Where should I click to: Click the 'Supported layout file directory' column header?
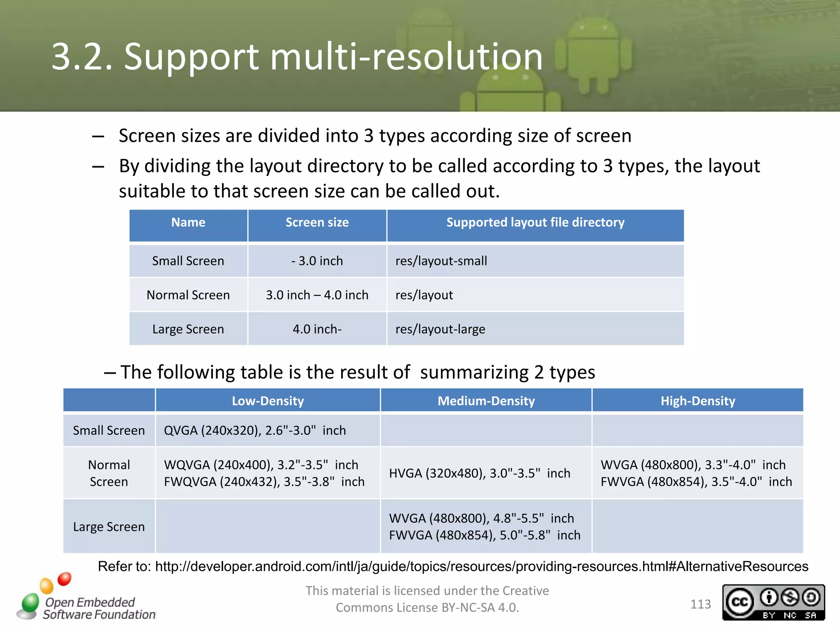(535, 223)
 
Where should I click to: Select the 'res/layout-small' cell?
(441, 261)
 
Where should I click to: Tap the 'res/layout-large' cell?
(440, 329)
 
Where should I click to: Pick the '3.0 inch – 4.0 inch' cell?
(317, 295)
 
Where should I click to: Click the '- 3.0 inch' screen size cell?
(317, 261)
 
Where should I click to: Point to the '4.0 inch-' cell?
(317, 329)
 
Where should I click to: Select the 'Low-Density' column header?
(268, 401)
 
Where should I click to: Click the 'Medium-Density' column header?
(486, 401)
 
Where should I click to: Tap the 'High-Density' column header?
(698, 401)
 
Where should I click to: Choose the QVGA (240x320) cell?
(255, 430)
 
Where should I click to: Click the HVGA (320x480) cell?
(479, 473)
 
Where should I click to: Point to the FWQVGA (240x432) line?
(264, 482)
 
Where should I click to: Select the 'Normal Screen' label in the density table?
(109, 473)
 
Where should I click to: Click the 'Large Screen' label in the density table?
(109, 527)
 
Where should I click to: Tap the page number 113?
(701, 604)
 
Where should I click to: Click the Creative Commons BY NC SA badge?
(773, 602)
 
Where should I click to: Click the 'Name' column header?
(188, 223)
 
